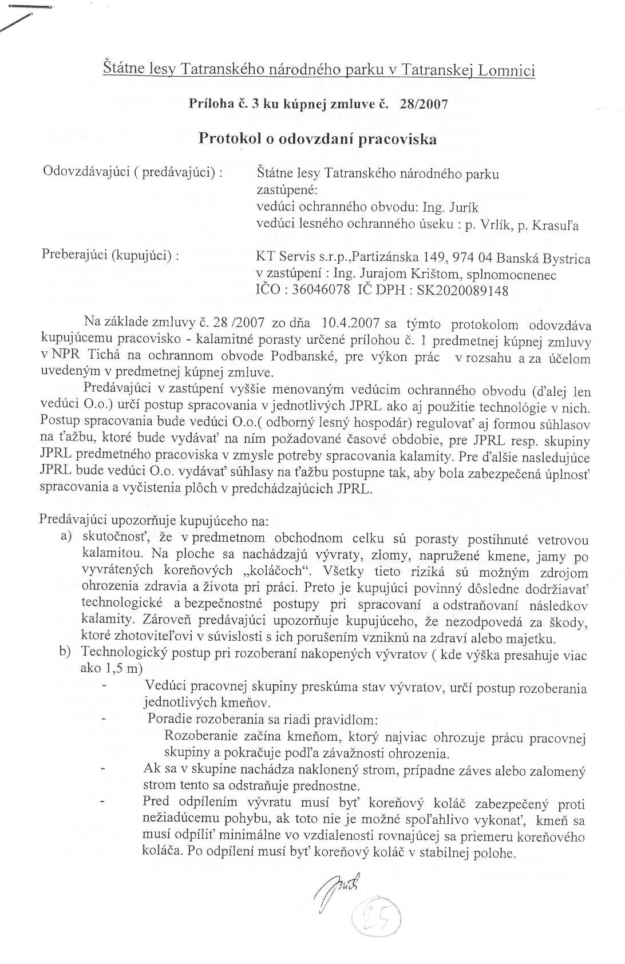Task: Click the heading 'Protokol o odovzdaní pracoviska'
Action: click(317, 139)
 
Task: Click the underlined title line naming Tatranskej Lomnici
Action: click(319, 70)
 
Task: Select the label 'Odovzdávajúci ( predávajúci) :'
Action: click(133, 172)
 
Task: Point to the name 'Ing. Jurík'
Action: click(450, 207)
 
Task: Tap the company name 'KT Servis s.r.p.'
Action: click(303, 258)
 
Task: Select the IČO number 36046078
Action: click(321, 289)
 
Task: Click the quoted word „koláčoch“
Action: click(277, 571)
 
